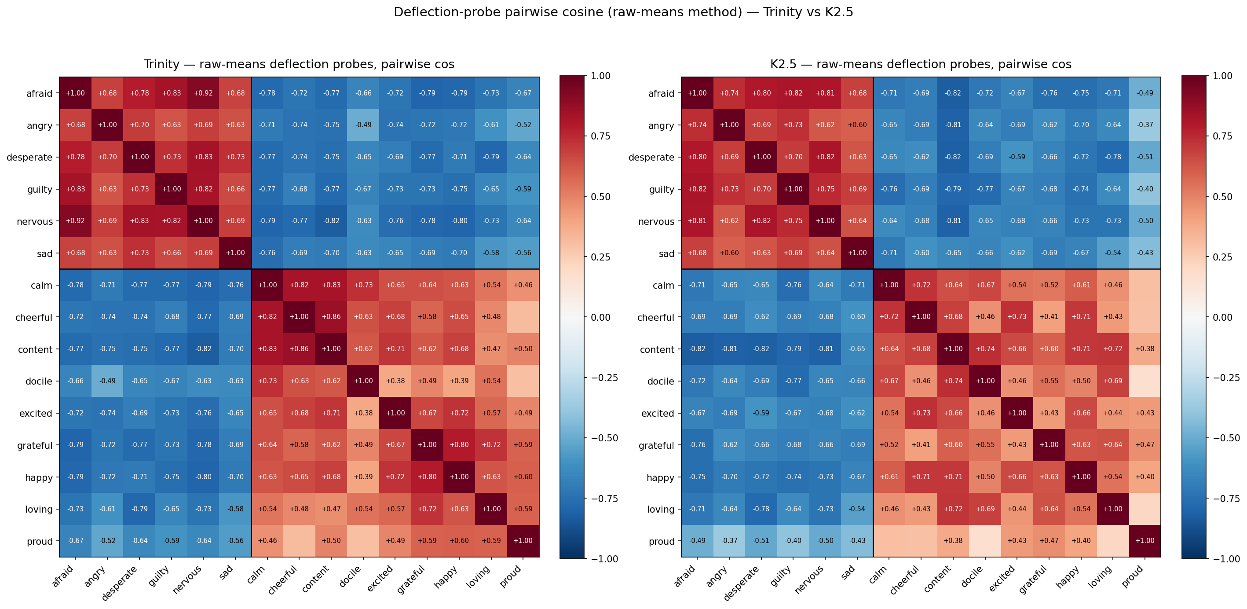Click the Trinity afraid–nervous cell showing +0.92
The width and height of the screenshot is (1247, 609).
[203, 93]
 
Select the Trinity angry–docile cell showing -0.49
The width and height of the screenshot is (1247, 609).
[363, 125]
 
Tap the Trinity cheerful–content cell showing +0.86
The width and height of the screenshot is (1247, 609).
[331, 317]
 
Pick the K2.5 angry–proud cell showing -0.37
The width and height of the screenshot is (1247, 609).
[1145, 125]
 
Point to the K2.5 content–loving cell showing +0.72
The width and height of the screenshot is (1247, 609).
[1113, 349]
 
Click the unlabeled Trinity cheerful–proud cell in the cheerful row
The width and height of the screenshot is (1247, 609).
[523, 317]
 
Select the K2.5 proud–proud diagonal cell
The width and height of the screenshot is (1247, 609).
[1145, 540]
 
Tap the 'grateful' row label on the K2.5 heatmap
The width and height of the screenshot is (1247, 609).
[656, 445]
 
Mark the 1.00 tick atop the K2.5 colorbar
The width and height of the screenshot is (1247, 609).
[1223, 76]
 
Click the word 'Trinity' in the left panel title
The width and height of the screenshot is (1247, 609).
[161, 64]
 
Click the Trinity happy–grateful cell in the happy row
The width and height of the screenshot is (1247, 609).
[427, 477]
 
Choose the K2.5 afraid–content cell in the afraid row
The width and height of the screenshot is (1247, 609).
[953, 93]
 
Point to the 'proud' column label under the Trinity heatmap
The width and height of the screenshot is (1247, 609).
[511, 576]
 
